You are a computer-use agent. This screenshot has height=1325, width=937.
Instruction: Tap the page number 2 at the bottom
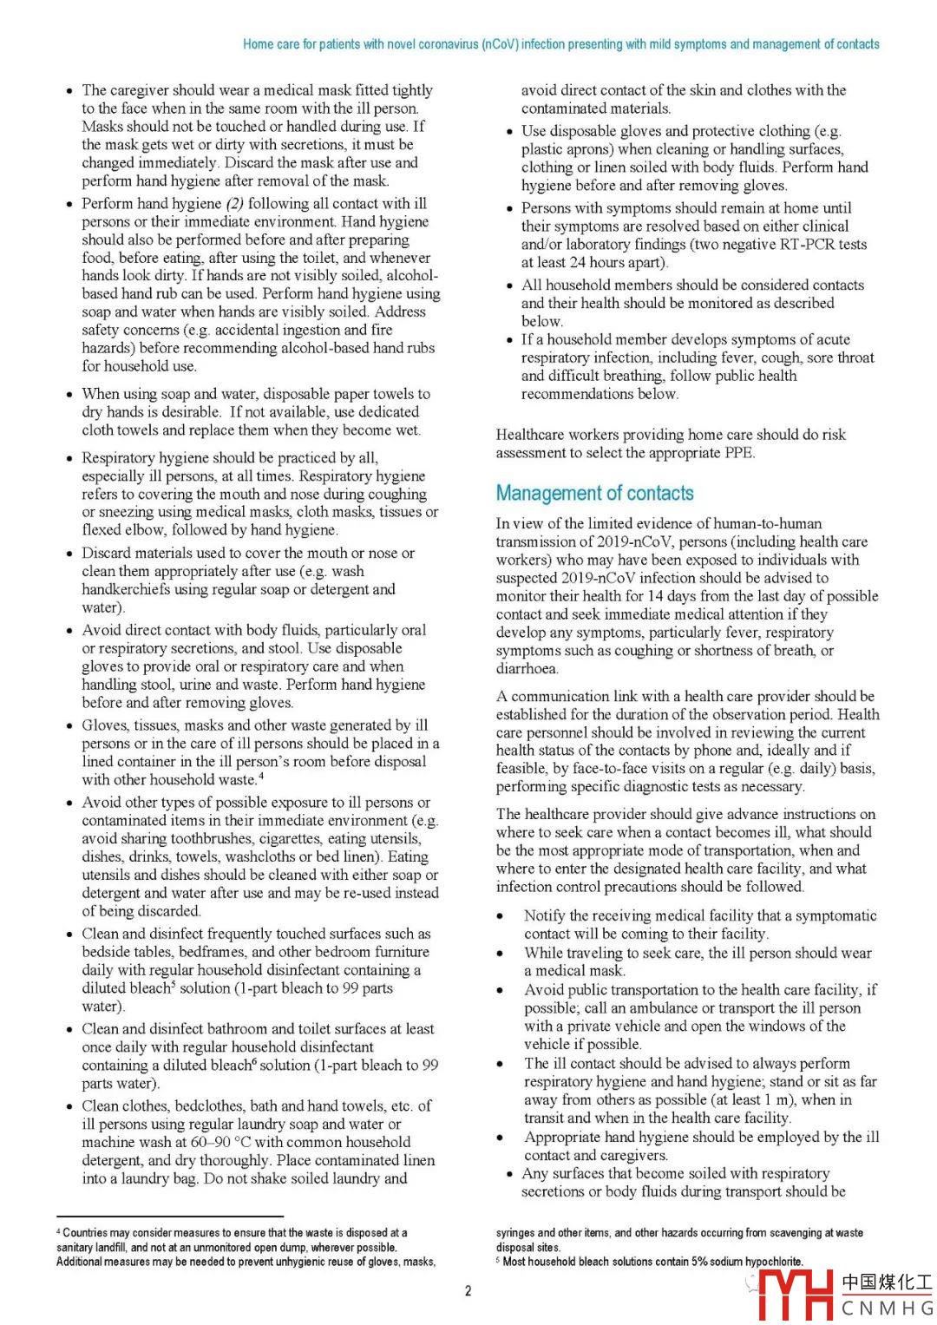(x=468, y=1291)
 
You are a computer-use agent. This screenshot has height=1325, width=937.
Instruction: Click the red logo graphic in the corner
(x=795, y=1295)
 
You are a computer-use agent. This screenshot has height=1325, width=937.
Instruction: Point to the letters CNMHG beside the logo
(x=886, y=1309)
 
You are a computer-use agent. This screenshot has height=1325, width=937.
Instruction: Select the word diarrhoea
(x=527, y=669)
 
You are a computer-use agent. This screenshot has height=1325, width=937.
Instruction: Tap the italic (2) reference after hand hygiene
(x=234, y=204)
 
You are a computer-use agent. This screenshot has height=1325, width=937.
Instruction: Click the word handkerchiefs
(x=126, y=589)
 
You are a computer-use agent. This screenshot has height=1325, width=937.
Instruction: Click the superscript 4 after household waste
(x=261, y=776)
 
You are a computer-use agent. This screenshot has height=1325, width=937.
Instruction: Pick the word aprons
(x=590, y=149)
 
